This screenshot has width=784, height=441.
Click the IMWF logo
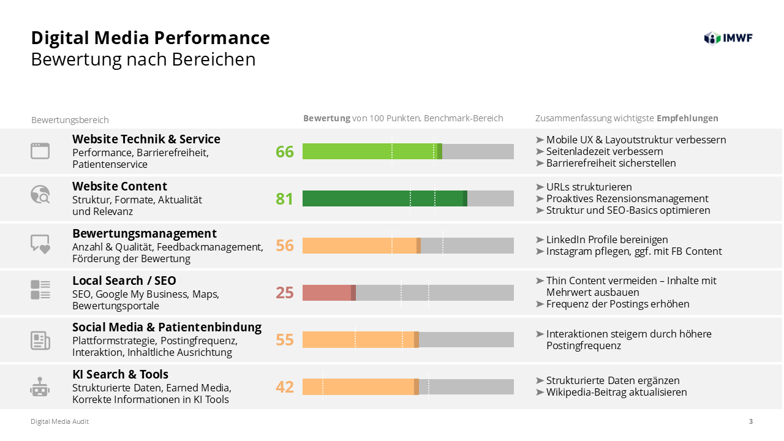(x=728, y=38)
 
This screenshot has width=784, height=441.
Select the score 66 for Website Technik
(x=285, y=151)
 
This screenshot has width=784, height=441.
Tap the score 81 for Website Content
(x=285, y=198)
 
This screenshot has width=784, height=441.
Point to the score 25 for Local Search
(x=285, y=293)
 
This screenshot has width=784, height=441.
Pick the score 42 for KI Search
(x=285, y=387)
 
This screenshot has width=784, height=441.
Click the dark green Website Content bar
(x=384, y=198)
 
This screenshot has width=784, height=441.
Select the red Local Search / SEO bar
(x=328, y=293)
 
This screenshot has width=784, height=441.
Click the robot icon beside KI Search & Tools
(x=40, y=387)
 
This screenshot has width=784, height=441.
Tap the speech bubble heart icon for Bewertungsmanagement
(x=40, y=244)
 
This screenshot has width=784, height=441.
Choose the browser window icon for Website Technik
(x=40, y=151)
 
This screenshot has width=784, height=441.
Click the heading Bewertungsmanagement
(x=145, y=233)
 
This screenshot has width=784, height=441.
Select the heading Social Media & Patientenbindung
(x=167, y=327)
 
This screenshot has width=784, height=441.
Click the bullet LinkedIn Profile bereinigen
(x=607, y=239)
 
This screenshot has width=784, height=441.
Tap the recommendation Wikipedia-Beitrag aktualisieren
(x=616, y=392)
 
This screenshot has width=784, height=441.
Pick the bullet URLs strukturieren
(x=589, y=187)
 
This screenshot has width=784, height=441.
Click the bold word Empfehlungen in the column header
(x=687, y=118)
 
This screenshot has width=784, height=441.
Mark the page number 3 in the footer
(x=751, y=421)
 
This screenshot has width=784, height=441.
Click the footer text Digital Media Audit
(x=60, y=421)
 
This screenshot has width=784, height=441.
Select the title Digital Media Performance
(x=151, y=38)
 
